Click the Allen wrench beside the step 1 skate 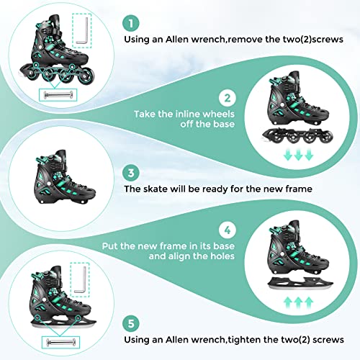84,32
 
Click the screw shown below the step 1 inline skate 58,91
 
